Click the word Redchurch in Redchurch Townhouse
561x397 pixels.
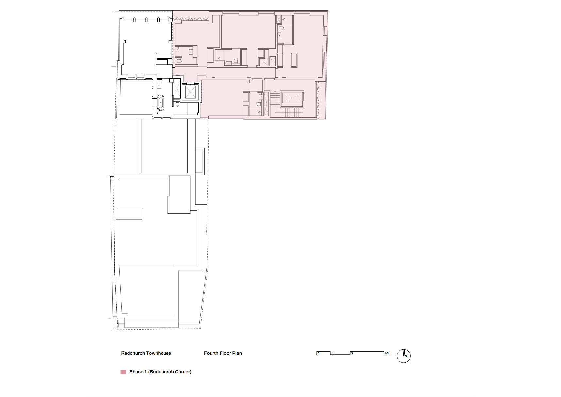tap(133, 353)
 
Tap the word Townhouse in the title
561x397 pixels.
tap(159, 353)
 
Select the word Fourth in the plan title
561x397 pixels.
tap(211, 353)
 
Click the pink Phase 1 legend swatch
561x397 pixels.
tap(123, 372)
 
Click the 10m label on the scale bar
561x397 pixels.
tap(387, 353)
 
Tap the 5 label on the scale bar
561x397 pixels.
tap(352, 353)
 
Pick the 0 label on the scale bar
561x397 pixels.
tap(319, 353)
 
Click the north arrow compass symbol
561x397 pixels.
tap(404, 356)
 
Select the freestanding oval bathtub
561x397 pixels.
tap(161, 102)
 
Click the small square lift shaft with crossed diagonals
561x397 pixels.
tap(190, 92)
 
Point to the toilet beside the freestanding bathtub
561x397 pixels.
tap(177, 104)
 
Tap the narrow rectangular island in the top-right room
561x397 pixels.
tap(294, 60)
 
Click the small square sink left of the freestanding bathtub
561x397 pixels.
tap(159, 86)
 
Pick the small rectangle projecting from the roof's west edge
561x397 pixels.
tap(129, 213)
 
